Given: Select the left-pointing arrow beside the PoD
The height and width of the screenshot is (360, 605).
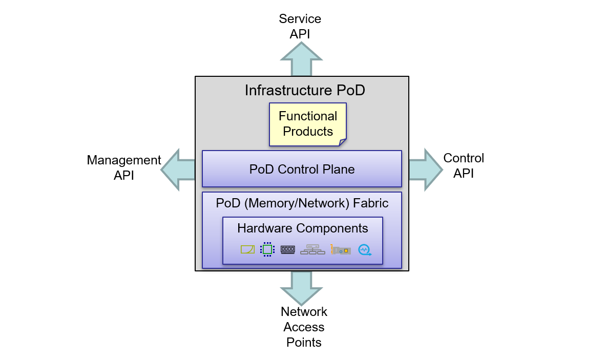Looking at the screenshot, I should pyautogui.click(x=177, y=170).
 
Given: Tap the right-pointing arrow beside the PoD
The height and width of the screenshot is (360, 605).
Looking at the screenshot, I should pyautogui.click(x=426, y=170).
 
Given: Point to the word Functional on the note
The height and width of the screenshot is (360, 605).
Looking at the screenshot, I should pyautogui.click(x=308, y=116).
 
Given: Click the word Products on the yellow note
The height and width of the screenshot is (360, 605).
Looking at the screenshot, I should pyautogui.click(x=308, y=132).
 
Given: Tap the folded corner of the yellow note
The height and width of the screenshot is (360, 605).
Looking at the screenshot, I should pyautogui.click(x=342, y=142).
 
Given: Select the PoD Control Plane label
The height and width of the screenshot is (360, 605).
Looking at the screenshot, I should pyautogui.click(x=302, y=170).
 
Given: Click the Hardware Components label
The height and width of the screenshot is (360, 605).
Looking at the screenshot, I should pyautogui.click(x=302, y=228).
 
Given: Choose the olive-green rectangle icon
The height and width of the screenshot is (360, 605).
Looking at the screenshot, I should pyautogui.click(x=247, y=249).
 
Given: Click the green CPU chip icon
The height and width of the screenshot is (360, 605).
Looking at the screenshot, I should pyautogui.click(x=267, y=249).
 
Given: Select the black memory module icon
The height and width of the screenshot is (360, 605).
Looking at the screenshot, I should pyautogui.click(x=287, y=249).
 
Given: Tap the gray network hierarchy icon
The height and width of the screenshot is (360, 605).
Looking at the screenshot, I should pyautogui.click(x=312, y=249).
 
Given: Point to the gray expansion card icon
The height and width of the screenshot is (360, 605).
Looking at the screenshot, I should pyautogui.click(x=341, y=250).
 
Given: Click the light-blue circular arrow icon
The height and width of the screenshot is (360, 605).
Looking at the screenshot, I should pyautogui.click(x=364, y=250).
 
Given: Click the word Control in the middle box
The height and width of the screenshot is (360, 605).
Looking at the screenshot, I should pyautogui.click(x=300, y=170).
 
